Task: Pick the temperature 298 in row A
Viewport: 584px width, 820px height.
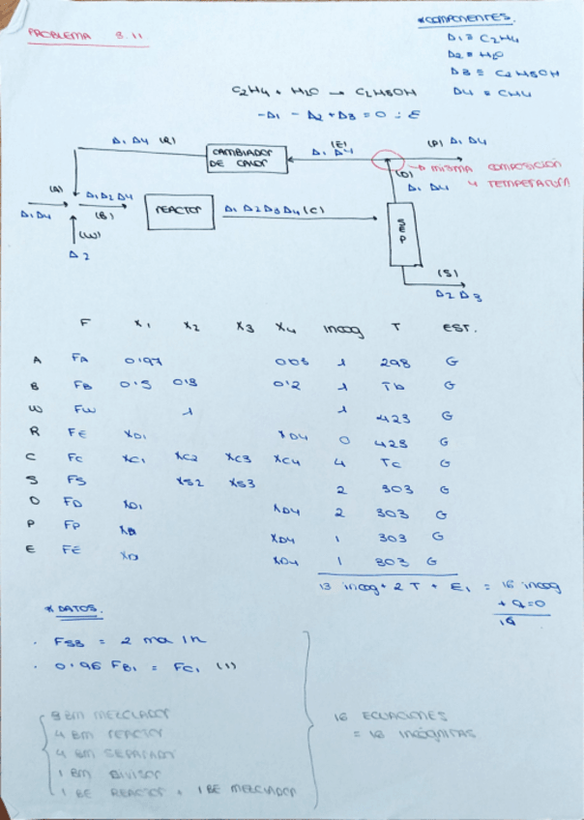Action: click(x=394, y=363)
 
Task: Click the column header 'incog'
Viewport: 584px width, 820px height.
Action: click(x=341, y=332)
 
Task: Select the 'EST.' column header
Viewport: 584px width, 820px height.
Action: click(x=454, y=329)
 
